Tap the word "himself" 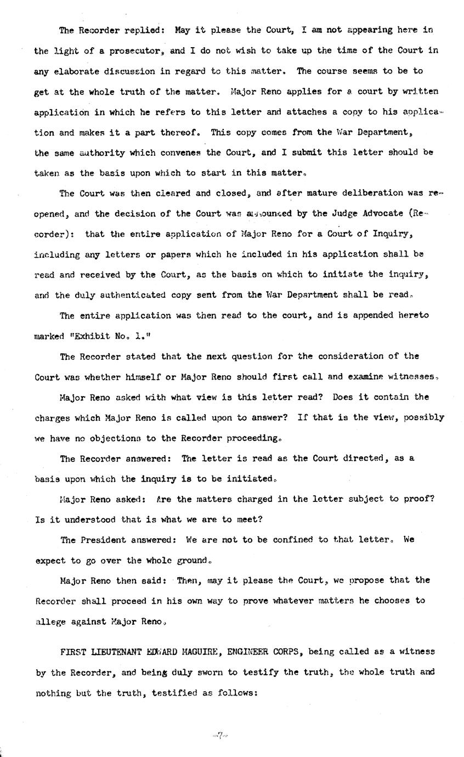[142, 377]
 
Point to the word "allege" [51, 622]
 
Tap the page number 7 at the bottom [219, 735]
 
